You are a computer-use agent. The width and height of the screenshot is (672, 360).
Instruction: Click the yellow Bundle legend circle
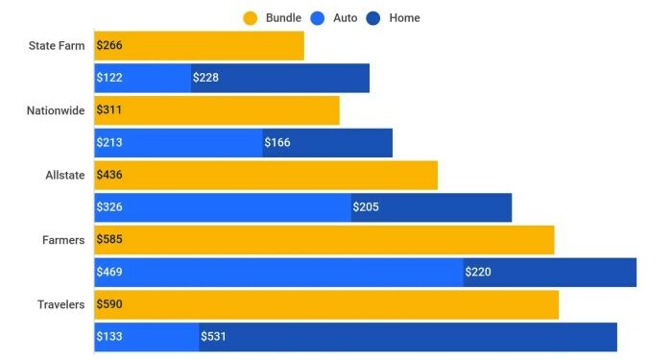click(251, 17)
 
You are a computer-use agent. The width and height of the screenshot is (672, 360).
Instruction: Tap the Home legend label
click(404, 17)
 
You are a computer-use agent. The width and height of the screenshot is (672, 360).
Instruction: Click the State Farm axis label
click(57, 46)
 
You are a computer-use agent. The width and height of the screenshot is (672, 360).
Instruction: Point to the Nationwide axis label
click(56, 110)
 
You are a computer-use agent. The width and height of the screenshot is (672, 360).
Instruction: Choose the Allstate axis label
click(65, 175)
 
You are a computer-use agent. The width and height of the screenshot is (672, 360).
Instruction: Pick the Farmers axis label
click(63, 240)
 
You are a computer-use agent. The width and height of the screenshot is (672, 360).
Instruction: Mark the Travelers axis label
click(60, 304)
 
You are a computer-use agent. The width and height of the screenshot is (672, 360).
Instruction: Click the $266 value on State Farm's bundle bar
click(109, 46)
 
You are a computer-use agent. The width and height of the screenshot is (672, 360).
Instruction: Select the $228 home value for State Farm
click(205, 78)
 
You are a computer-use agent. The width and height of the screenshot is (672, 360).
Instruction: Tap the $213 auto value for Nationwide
click(109, 143)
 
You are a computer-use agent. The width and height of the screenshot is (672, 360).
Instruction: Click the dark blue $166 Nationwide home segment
click(327, 143)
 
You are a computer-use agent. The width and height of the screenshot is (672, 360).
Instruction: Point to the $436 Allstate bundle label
click(109, 175)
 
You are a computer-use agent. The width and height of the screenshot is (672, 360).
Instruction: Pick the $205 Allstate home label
click(366, 207)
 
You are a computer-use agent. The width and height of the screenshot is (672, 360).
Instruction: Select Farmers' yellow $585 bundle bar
click(324, 240)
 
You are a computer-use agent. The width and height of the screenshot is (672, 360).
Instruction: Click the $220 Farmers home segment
click(549, 272)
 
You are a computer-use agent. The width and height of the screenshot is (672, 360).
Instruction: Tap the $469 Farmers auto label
click(109, 272)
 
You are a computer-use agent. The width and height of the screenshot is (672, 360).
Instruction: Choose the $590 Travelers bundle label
click(109, 304)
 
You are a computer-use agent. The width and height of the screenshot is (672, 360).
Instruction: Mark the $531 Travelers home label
click(213, 337)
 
